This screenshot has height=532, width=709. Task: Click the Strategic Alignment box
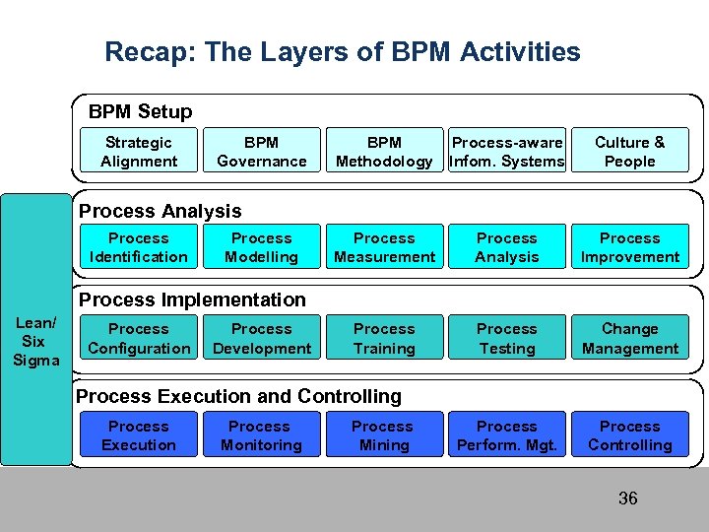[x=139, y=152]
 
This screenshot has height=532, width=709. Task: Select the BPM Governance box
[x=261, y=152]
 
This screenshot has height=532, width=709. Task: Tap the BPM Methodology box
[x=384, y=152]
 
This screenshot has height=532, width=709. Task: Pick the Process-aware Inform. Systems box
[x=507, y=152]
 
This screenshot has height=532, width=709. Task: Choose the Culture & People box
[x=629, y=152]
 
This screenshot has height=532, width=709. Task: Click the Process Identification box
[x=139, y=247]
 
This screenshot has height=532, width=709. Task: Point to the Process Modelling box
[x=261, y=247]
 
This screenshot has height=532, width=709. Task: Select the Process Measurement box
[x=384, y=247]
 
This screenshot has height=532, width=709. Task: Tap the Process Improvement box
[x=629, y=247]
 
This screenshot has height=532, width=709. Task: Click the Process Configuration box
[x=139, y=338]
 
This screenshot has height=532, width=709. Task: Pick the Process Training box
[x=384, y=338]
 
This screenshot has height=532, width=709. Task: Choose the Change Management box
[x=629, y=338]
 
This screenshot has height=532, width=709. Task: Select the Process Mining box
[x=383, y=435]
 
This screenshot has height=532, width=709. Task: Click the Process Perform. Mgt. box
[x=507, y=435]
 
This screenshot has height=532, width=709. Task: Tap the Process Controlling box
[x=629, y=435]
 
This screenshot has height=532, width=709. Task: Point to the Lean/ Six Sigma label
[x=36, y=341]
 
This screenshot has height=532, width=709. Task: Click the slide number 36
[x=627, y=499]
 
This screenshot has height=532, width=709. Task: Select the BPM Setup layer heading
[x=140, y=112]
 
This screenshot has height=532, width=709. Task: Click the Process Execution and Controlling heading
[x=239, y=396]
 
